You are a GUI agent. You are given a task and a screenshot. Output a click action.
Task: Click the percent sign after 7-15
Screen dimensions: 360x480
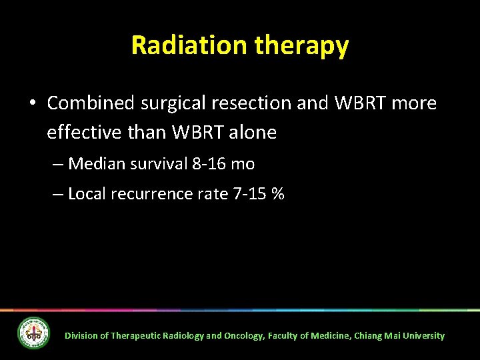pos(278,194)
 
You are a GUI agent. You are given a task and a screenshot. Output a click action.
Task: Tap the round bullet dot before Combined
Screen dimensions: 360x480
pos(32,104)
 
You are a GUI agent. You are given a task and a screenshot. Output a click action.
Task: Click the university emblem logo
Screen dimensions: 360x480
pos(33,333)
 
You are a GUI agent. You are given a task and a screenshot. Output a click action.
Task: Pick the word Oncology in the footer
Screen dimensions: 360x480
pos(244,336)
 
